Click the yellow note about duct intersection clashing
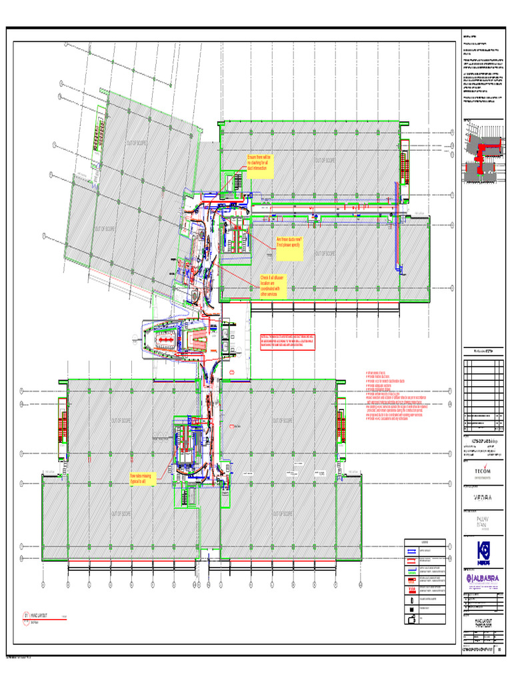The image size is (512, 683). click(258, 163)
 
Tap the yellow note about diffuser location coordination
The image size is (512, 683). click(272, 285)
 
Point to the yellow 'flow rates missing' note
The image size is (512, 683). click(142, 478)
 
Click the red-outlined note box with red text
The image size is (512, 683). click(287, 340)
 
